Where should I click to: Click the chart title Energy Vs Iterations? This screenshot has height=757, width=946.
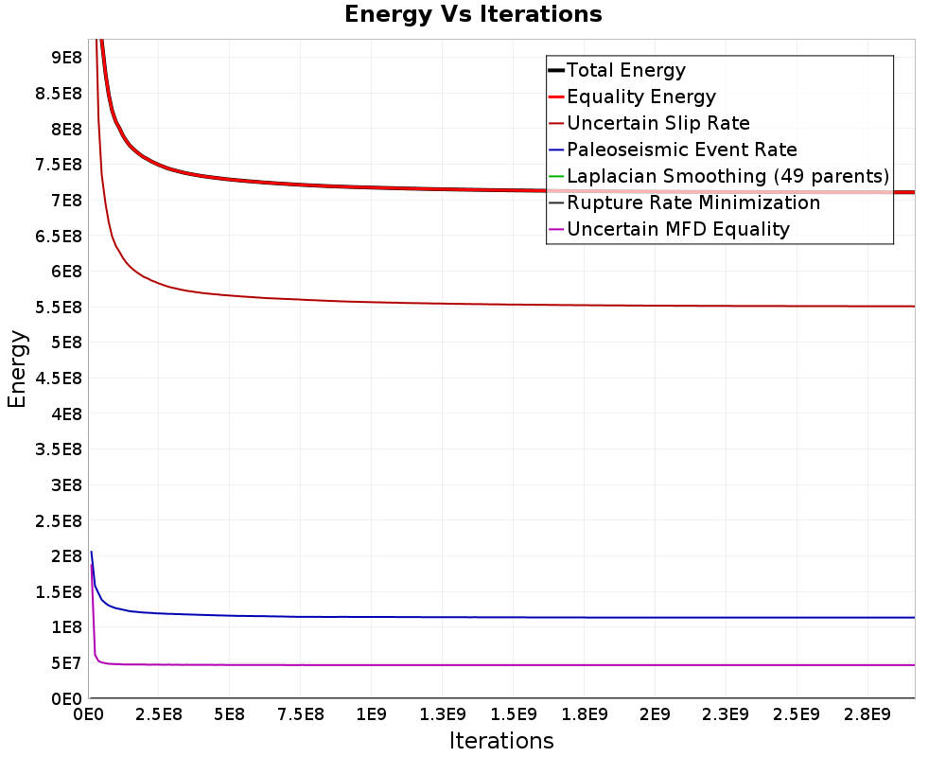click(x=473, y=14)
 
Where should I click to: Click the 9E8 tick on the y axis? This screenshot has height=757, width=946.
click(x=66, y=58)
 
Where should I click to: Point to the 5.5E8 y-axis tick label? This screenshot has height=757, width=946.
click(x=59, y=308)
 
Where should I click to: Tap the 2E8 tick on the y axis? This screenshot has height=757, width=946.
click(x=66, y=556)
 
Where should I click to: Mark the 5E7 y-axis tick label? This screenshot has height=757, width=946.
click(x=66, y=662)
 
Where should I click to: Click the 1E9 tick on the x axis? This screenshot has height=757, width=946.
click(x=371, y=714)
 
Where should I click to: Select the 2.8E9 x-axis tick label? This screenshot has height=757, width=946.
click(x=867, y=714)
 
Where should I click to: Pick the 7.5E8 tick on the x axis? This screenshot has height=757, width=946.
click(x=301, y=714)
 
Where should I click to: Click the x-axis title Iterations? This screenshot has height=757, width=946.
click(x=501, y=741)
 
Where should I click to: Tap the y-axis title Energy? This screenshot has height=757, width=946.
click(x=17, y=369)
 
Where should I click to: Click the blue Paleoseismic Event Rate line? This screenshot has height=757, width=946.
click(x=502, y=617)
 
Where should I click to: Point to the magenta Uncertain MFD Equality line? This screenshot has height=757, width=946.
click(x=502, y=665)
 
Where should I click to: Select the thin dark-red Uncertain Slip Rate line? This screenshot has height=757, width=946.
click(x=502, y=305)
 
